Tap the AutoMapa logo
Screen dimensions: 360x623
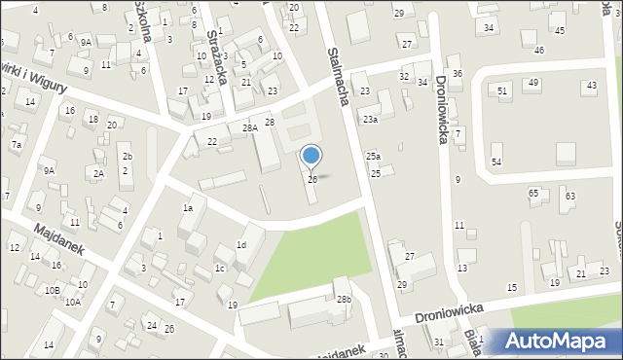[x=555, y=342]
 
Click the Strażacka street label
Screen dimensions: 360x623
[x=217, y=59]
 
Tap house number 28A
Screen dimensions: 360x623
[x=250, y=128]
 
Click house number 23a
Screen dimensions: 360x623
[x=370, y=119]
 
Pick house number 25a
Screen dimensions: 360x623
[x=373, y=157]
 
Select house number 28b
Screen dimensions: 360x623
[x=344, y=299]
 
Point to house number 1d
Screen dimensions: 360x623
[x=240, y=244]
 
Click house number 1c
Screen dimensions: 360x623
[x=220, y=268]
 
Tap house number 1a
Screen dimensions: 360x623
[x=188, y=207]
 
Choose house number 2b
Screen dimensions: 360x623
[x=127, y=157]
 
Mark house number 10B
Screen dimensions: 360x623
[x=53, y=290]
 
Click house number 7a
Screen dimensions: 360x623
[x=16, y=144]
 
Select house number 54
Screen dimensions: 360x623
[x=495, y=161]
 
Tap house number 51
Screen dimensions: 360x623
[x=502, y=90]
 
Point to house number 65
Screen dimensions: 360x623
[x=533, y=194]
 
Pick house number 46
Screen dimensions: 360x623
[x=539, y=49]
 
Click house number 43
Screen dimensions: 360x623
[x=591, y=86]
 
